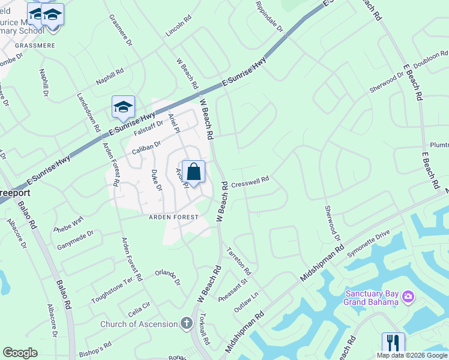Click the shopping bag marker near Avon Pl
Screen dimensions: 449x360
tap(193, 172)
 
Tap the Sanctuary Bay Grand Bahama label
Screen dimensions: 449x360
tap(371, 298)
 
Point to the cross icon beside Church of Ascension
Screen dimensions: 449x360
tap(187, 324)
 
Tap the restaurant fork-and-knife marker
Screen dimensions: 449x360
tap(393, 343)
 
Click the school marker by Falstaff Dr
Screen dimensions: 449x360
tap(123, 107)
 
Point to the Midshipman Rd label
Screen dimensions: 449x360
tap(321, 263)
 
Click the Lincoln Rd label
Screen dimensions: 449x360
tap(178, 38)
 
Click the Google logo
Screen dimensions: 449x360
tap(20, 353)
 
